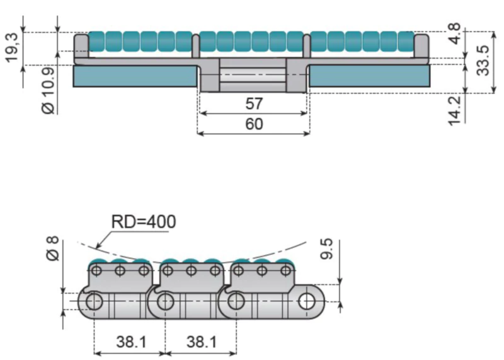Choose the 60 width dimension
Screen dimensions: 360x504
point(254,124)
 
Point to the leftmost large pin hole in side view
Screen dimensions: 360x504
point(94,301)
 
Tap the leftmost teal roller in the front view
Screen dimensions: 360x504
point(96,41)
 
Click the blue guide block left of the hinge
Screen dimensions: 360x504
point(135,76)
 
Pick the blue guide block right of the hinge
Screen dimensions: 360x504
point(370,76)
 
